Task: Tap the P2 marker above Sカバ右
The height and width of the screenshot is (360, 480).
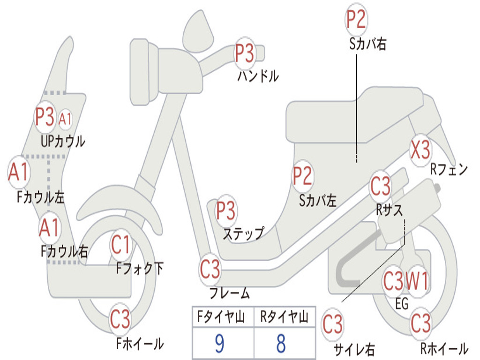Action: point(356,20)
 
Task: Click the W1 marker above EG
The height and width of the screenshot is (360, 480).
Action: point(417,282)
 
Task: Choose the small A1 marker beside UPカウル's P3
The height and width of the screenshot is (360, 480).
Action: point(65,119)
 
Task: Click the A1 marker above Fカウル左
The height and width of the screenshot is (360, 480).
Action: point(19,172)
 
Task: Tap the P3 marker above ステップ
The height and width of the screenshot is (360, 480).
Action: point(226,211)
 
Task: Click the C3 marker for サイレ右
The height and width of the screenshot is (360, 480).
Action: point(333,325)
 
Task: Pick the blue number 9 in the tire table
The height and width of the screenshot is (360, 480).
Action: point(219,344)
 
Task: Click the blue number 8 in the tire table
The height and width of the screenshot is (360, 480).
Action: point(281,344)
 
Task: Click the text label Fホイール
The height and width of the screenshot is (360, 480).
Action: point(140,344)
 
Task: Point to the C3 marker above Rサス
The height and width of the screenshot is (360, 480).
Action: point(380,186)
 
